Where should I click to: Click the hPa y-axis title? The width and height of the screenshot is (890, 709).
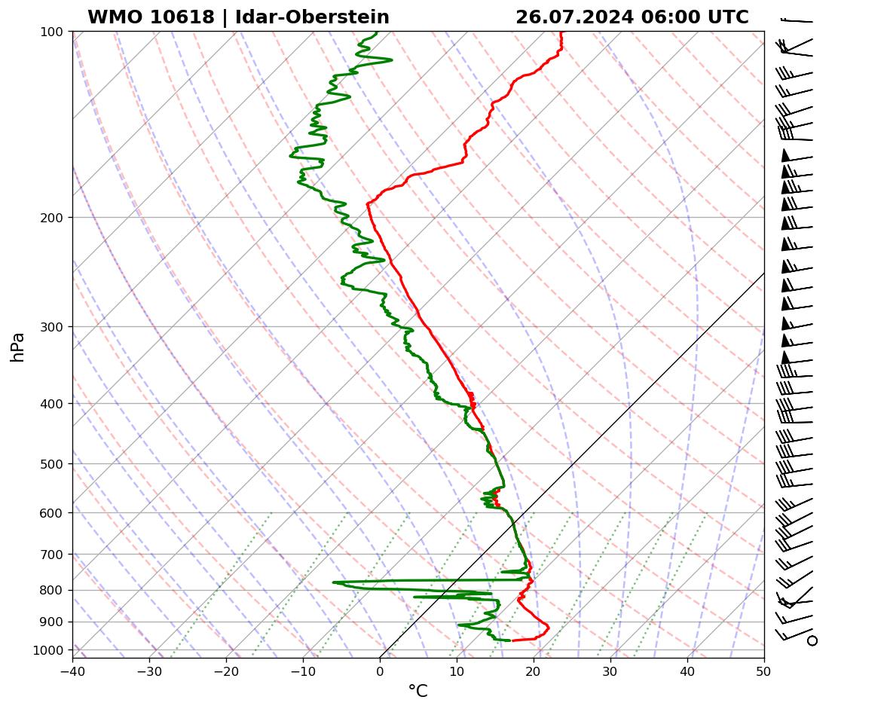click(x=17, y=347)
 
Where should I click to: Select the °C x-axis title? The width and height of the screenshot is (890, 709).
click(x=417, y=691)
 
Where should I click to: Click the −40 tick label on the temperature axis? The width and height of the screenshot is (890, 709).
click(x=72, y=669)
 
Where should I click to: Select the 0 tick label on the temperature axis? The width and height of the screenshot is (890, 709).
click(x=380, y=669)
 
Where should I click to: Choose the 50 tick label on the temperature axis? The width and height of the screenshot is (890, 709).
click(x=763, y=669)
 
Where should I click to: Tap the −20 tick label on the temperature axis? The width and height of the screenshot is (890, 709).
click(x=226, y=669)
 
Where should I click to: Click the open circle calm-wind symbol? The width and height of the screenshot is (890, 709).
click(x=812, y=640)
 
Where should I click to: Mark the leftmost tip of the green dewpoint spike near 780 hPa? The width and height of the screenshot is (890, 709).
click(x=333, y=582)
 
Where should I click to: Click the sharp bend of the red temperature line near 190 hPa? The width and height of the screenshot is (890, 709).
click(x=368, y=203)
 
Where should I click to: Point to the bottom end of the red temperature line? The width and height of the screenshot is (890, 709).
click(x=512, y=640)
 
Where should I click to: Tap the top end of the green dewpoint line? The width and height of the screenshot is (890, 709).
click(x=377, y=32)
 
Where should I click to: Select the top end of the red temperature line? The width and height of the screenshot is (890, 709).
click(x=561, y=32)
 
